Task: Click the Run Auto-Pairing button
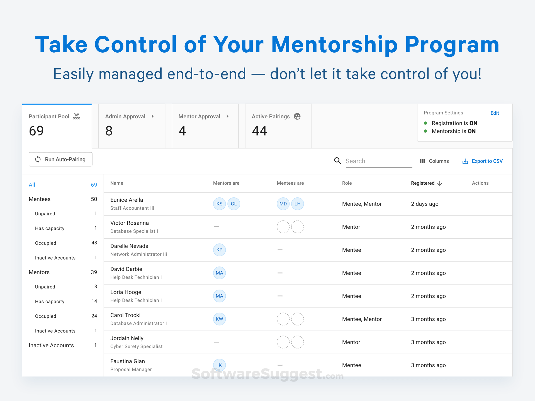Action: [60, 159]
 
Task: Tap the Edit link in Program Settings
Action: [494, 113]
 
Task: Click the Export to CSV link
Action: [483, 161]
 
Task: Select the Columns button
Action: [434, 161]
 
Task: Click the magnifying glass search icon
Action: [337, 161]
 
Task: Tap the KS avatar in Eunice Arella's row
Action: [219, 204]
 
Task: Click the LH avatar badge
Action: [297, 204]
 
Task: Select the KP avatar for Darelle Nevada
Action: [219, 250]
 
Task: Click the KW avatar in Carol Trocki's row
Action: [219, 319]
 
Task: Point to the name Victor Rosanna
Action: [130, 223]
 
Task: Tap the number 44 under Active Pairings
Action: [259, 131]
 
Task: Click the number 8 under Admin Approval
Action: [109, 131]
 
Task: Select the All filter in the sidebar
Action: [32, 185]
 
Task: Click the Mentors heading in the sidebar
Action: [39, 272]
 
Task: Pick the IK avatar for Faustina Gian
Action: [219, 365]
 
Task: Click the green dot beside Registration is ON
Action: [425, 123]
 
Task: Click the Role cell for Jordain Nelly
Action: [351, 342]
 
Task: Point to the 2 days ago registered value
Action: [424, 204]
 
